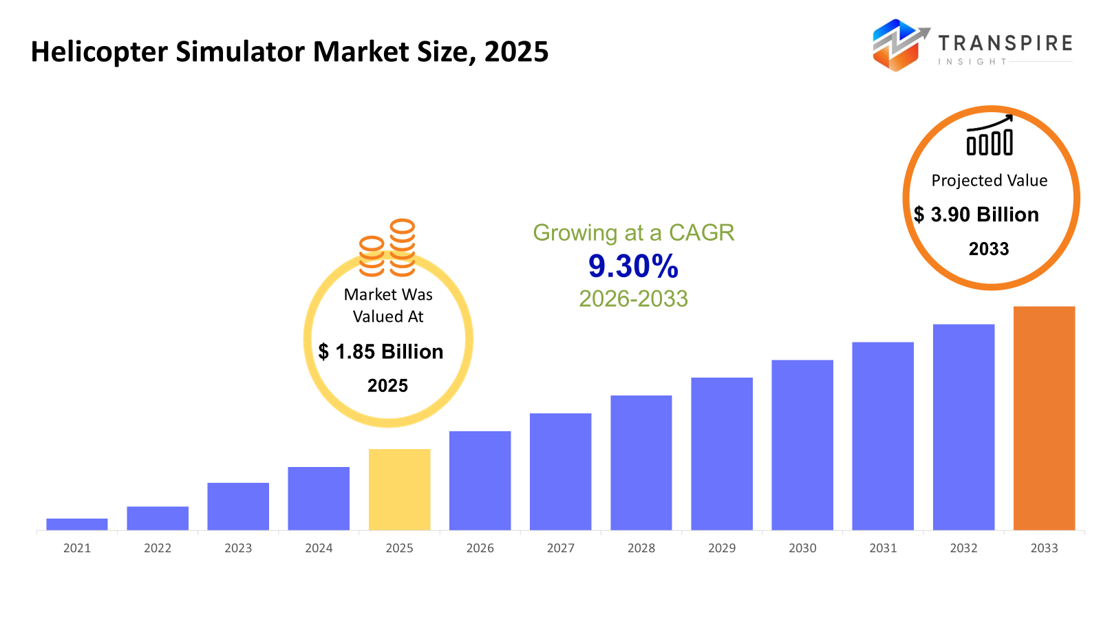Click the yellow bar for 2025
point(399,489)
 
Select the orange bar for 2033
point(1044,418)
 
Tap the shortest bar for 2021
point(77,524)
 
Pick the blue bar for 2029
point(722,454)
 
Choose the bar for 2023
point(238,506)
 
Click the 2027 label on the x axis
point(561,548)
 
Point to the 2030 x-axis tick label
point(802,548)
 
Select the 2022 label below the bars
point(158,548)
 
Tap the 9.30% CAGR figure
point(633,267)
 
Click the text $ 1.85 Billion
point(381,351)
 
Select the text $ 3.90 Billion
point(976,215)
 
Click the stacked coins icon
point(387,248)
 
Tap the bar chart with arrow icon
point(990,135)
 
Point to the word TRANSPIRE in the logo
point(1005,43)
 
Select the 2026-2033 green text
point(633,298)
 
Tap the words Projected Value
point(989,181)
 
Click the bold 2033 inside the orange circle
point(989,249)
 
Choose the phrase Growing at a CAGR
point(633,232)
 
